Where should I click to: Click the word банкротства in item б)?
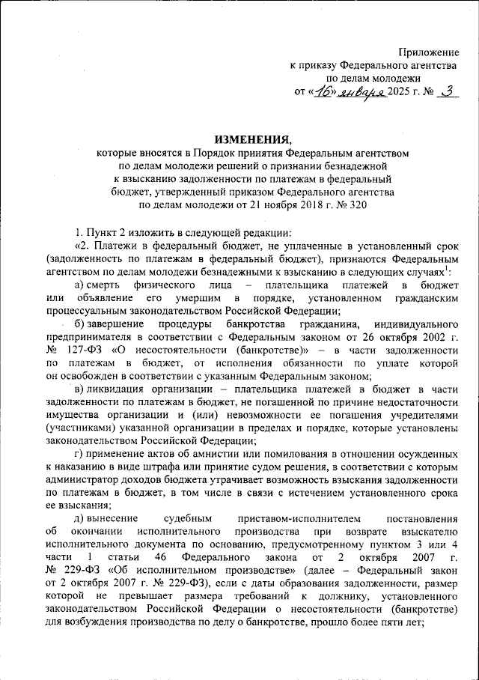pyautogui.click(x=252, y=344)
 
